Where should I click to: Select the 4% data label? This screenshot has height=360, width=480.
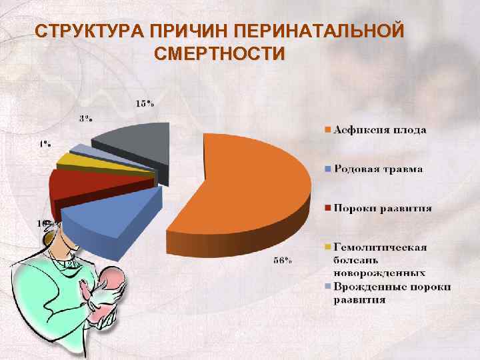click(x=46, y=143)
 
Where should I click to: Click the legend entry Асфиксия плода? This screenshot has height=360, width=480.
click(x=379, y=130)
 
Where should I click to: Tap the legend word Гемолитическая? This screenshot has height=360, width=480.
click(x=380, y=247)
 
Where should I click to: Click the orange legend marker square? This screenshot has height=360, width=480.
click(x=327, y=130)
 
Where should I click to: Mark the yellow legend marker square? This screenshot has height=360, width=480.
click(x=327, y=247)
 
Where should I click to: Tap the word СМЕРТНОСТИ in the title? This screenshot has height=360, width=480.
click(x=219, y=53)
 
